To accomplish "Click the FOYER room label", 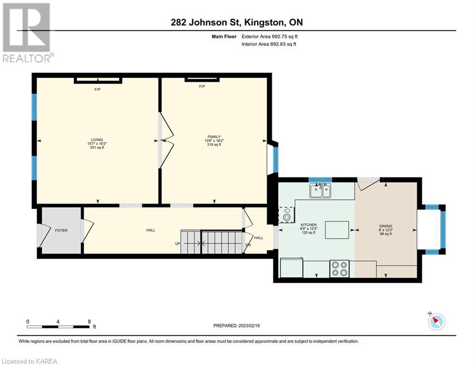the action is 61,231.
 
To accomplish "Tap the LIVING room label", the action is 97,140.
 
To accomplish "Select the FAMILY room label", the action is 214,137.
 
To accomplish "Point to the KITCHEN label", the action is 309,225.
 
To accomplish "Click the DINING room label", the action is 386,226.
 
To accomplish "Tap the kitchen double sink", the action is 320,191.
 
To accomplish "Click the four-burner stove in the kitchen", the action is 339,269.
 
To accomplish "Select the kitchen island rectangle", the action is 337,230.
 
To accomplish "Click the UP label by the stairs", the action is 177,243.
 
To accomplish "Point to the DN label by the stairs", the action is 248,245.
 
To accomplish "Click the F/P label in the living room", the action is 97,90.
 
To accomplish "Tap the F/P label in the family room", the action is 202,86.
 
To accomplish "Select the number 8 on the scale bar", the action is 89,322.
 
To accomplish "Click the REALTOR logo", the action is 27,33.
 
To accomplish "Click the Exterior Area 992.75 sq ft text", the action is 270,37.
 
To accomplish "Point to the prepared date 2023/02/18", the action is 249,326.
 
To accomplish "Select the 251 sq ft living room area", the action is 97,147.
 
